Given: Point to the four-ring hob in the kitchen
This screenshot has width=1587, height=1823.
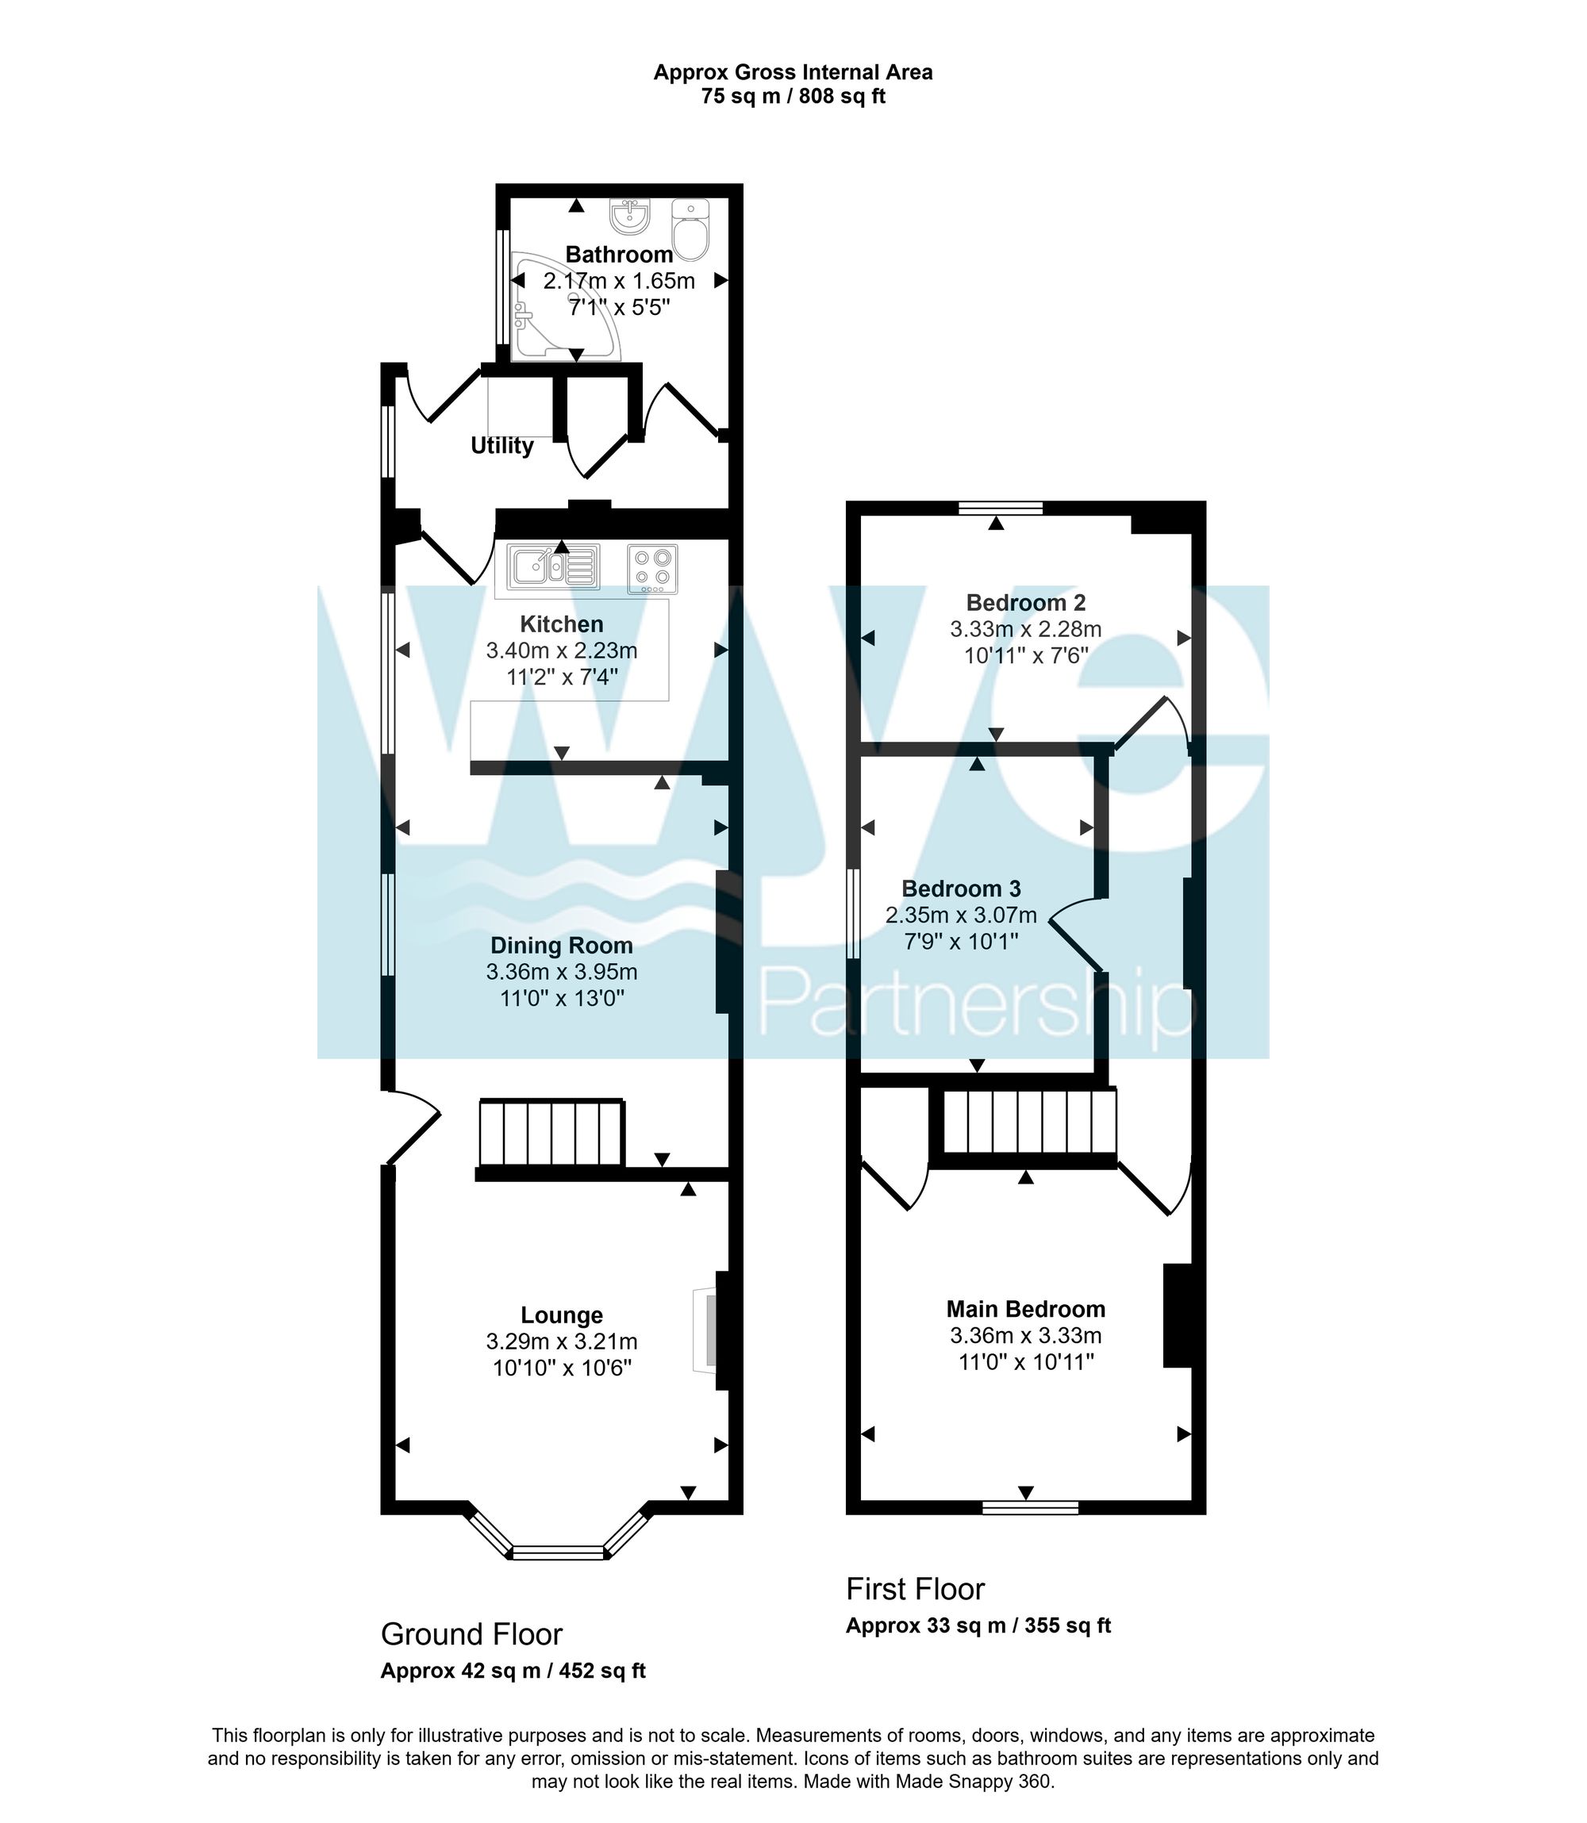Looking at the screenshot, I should click(x=653, y=567).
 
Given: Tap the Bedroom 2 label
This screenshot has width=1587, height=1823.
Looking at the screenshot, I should click(x=1025, y=603).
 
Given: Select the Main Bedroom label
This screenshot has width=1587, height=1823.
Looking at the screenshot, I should click(x=1025, y=1309).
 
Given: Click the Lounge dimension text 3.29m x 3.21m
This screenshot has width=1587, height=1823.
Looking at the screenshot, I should click(x=562, y=1341).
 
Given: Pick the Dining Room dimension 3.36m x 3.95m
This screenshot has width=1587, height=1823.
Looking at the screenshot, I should click(x=562, y=971).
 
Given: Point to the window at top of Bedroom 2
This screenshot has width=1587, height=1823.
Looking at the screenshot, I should click(x=1001, y=509).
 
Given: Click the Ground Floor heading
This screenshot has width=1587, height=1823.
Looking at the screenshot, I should click(x=471, y=1633).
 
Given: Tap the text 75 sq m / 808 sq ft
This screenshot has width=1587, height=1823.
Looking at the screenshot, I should click(x=793, y=97).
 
